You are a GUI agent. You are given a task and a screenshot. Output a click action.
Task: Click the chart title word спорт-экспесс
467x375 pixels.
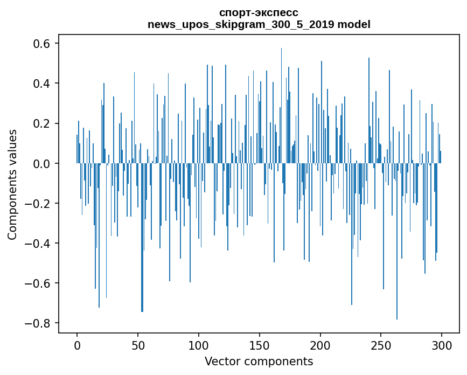[x=259, y=12]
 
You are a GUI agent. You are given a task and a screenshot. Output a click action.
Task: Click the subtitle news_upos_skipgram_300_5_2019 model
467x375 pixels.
[x=259, y=24]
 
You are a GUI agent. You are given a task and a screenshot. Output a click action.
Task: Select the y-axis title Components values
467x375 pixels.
[x=12, y=184]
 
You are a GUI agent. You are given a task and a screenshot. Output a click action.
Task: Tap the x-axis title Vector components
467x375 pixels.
[x=259, y=361]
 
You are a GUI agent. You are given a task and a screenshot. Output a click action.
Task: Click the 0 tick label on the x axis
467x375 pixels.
[x=77, y=345]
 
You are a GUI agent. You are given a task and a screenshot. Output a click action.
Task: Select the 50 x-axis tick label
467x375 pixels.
[x=138, y=345]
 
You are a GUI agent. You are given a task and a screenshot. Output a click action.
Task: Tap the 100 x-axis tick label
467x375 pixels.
[x=199, y=345]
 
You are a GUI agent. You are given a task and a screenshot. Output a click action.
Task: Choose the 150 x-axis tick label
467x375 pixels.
[x=260, y=345]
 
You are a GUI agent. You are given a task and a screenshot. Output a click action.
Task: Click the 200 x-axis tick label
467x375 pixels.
[x=320, y=345]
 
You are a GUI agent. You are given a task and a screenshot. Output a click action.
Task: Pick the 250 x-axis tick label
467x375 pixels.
[x=381, y=345]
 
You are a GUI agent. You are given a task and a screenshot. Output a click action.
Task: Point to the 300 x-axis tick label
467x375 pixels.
[x=442, y=345]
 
